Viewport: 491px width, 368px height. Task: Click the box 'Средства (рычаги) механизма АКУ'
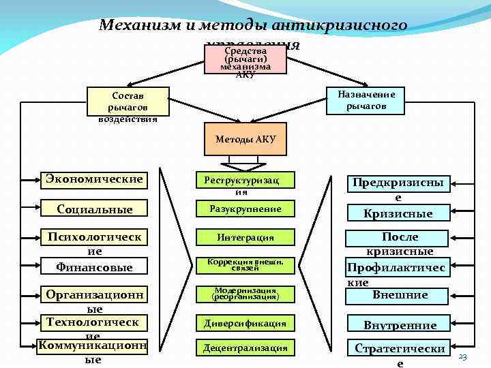pyautogui.click(x=245, y=59)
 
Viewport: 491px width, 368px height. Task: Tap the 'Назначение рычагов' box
pyautogui.click(x=366, y=100)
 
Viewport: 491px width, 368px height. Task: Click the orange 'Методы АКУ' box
pyautogui.click(x=245, y=139)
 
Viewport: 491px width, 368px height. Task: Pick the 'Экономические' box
pyautogui.click(x=94, y=179)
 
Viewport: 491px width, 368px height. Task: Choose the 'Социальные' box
pyautogui.click(x=94, y=209)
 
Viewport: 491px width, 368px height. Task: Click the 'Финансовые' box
pyautogui.click(x=94, y=267)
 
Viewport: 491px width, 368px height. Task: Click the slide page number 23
pyautogui.click(x=463, y=358)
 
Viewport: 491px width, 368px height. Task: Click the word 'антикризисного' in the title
pyautogui.click(x=339, y=26)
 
